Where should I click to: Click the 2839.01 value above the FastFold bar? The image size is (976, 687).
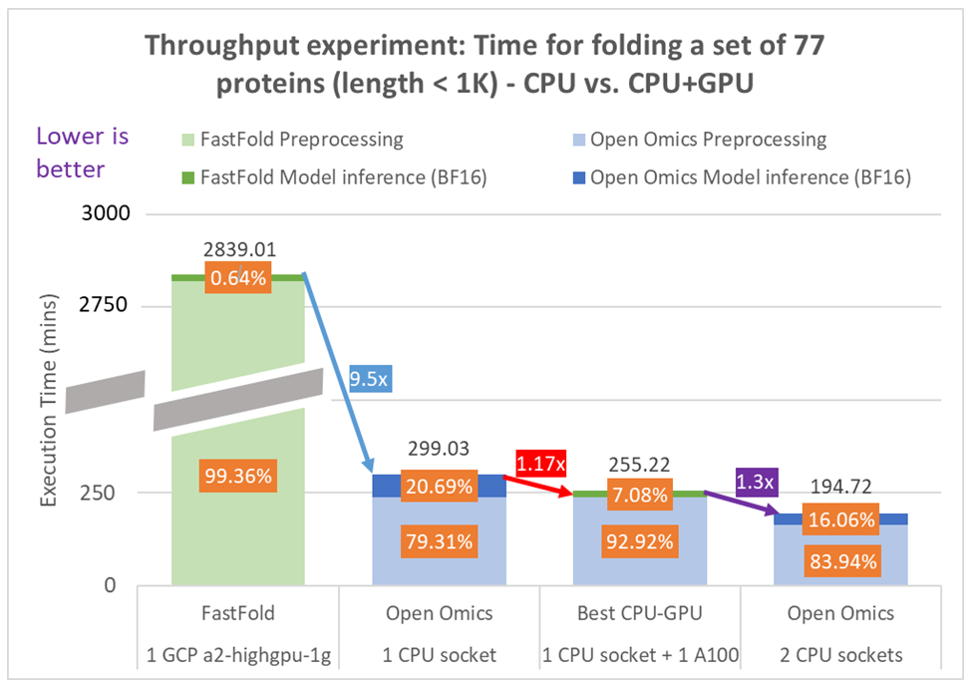[x=237, y=250]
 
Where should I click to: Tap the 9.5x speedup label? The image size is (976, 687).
[x=372, y=379]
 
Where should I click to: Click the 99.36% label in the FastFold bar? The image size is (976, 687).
[x=237, y=476]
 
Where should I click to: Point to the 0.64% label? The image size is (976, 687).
[x=237, y=278]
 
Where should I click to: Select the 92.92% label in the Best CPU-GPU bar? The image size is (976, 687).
[x=638, y=544]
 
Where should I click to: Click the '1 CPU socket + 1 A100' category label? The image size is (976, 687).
[x=638, y=654]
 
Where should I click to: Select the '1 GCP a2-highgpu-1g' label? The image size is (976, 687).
[x=237, y=654]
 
